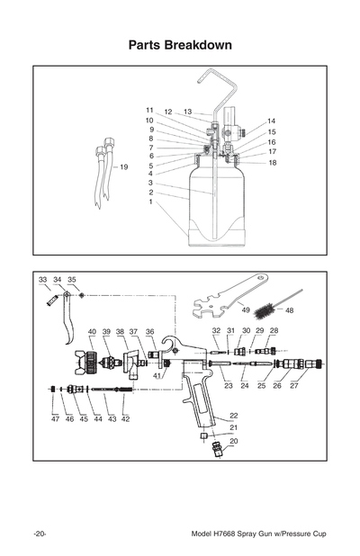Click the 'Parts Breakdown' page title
[x=180, y=44]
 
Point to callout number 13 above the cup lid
[x=187, y=112]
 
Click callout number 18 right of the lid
[x=271, y=163]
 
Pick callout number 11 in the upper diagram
[x=149, y=110]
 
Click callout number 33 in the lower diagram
[x=42, y=280]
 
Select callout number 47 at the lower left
[x=54, y=419]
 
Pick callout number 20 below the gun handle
[x=234, y=441]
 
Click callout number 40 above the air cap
[x=92, y=332]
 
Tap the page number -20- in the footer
[x=40, y=534]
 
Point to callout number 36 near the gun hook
[x=150, y=332]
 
